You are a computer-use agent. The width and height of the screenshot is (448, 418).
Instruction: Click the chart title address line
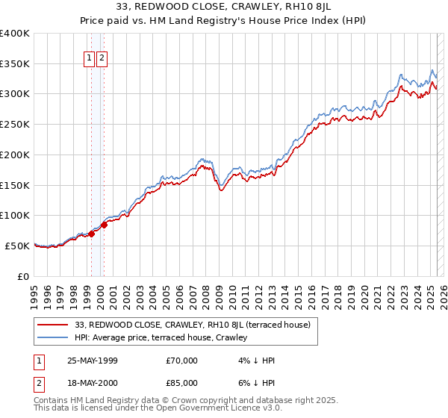pyautogui.click(x=224, y=9)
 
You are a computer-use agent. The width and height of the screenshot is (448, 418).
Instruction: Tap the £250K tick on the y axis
pyautogui.click(x=15, y=124)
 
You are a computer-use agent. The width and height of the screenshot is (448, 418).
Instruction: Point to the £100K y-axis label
pyautogui.click(x=15, y=215)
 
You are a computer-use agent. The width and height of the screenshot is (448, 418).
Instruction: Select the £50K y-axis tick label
pyautogui.click(x=18, y=246)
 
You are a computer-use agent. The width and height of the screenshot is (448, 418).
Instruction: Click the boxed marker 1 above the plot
pyautogui.click(x=90, y=57)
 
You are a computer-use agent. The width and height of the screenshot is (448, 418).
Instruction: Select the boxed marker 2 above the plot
pyautogui.click(x=102, y=57)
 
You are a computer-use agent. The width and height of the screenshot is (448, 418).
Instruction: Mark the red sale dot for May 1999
pyautogui.click(x=91, y=234)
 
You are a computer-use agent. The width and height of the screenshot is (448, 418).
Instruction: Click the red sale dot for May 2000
pyautogui.click(x=105, y=225)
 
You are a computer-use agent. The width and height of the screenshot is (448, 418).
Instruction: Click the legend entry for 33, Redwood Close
pyautogui.click(x=197, y=325)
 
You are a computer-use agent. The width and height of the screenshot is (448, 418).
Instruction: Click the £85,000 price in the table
pyautogui.click(x=182, y=384)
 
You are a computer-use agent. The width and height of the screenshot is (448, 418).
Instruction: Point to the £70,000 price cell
pyautogui.click(x=182, y=361)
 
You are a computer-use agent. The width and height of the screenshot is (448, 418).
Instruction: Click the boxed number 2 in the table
pyautogui.click(x=40, y=384)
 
